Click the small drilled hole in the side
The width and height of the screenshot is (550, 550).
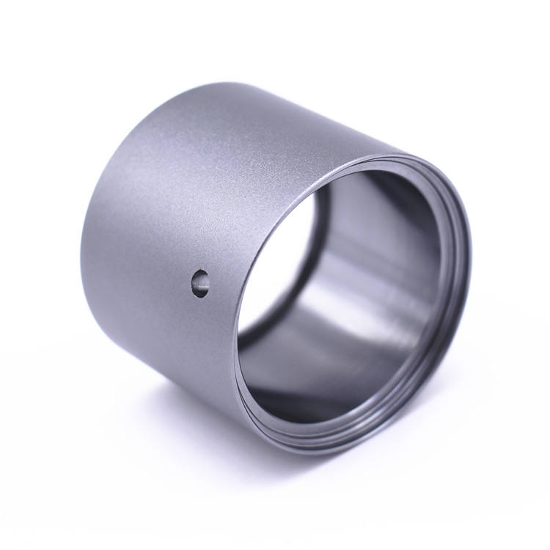pyautogui.click(x=199, y=282)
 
